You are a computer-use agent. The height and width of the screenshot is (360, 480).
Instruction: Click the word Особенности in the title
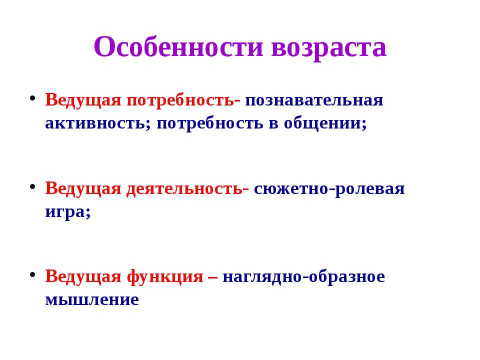[178, 46]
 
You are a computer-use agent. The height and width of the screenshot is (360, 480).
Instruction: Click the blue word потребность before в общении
[209, 123]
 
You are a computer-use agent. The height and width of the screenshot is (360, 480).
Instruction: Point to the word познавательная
[314, 100]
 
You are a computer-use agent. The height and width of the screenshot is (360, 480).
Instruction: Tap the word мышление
[92, 299]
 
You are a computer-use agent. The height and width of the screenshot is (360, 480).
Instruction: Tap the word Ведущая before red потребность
[83, 100]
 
